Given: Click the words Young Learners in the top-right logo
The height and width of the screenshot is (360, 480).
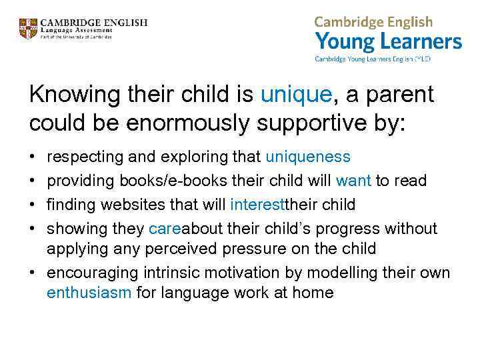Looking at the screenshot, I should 388,43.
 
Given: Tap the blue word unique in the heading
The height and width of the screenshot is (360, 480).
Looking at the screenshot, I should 296,95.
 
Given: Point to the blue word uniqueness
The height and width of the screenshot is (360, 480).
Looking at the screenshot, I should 307,157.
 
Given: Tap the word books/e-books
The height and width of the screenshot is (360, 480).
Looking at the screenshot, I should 169,181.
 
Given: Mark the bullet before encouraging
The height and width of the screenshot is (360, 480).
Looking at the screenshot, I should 33,273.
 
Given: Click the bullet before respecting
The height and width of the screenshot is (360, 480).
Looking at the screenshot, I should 33,157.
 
